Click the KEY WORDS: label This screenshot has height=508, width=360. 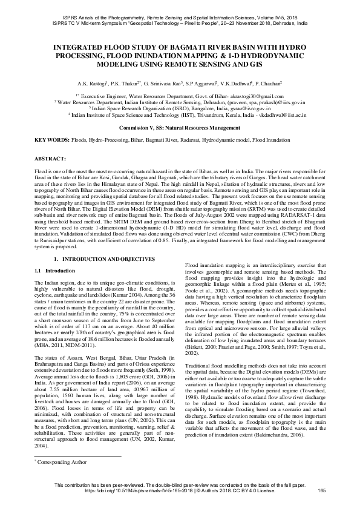(x=51, y=140)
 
